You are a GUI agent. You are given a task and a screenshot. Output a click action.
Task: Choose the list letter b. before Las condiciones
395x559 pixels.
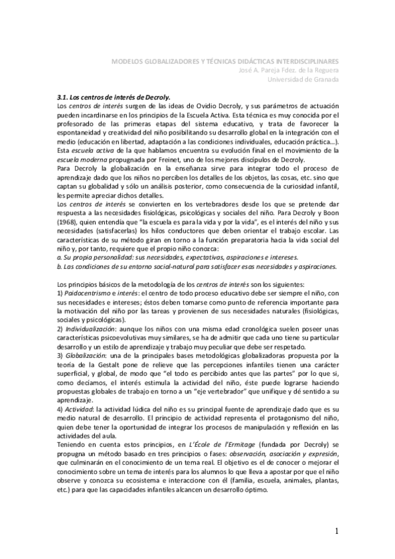(x=60, y=266)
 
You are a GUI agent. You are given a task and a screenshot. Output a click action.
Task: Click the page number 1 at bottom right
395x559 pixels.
(x=336, y=531)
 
